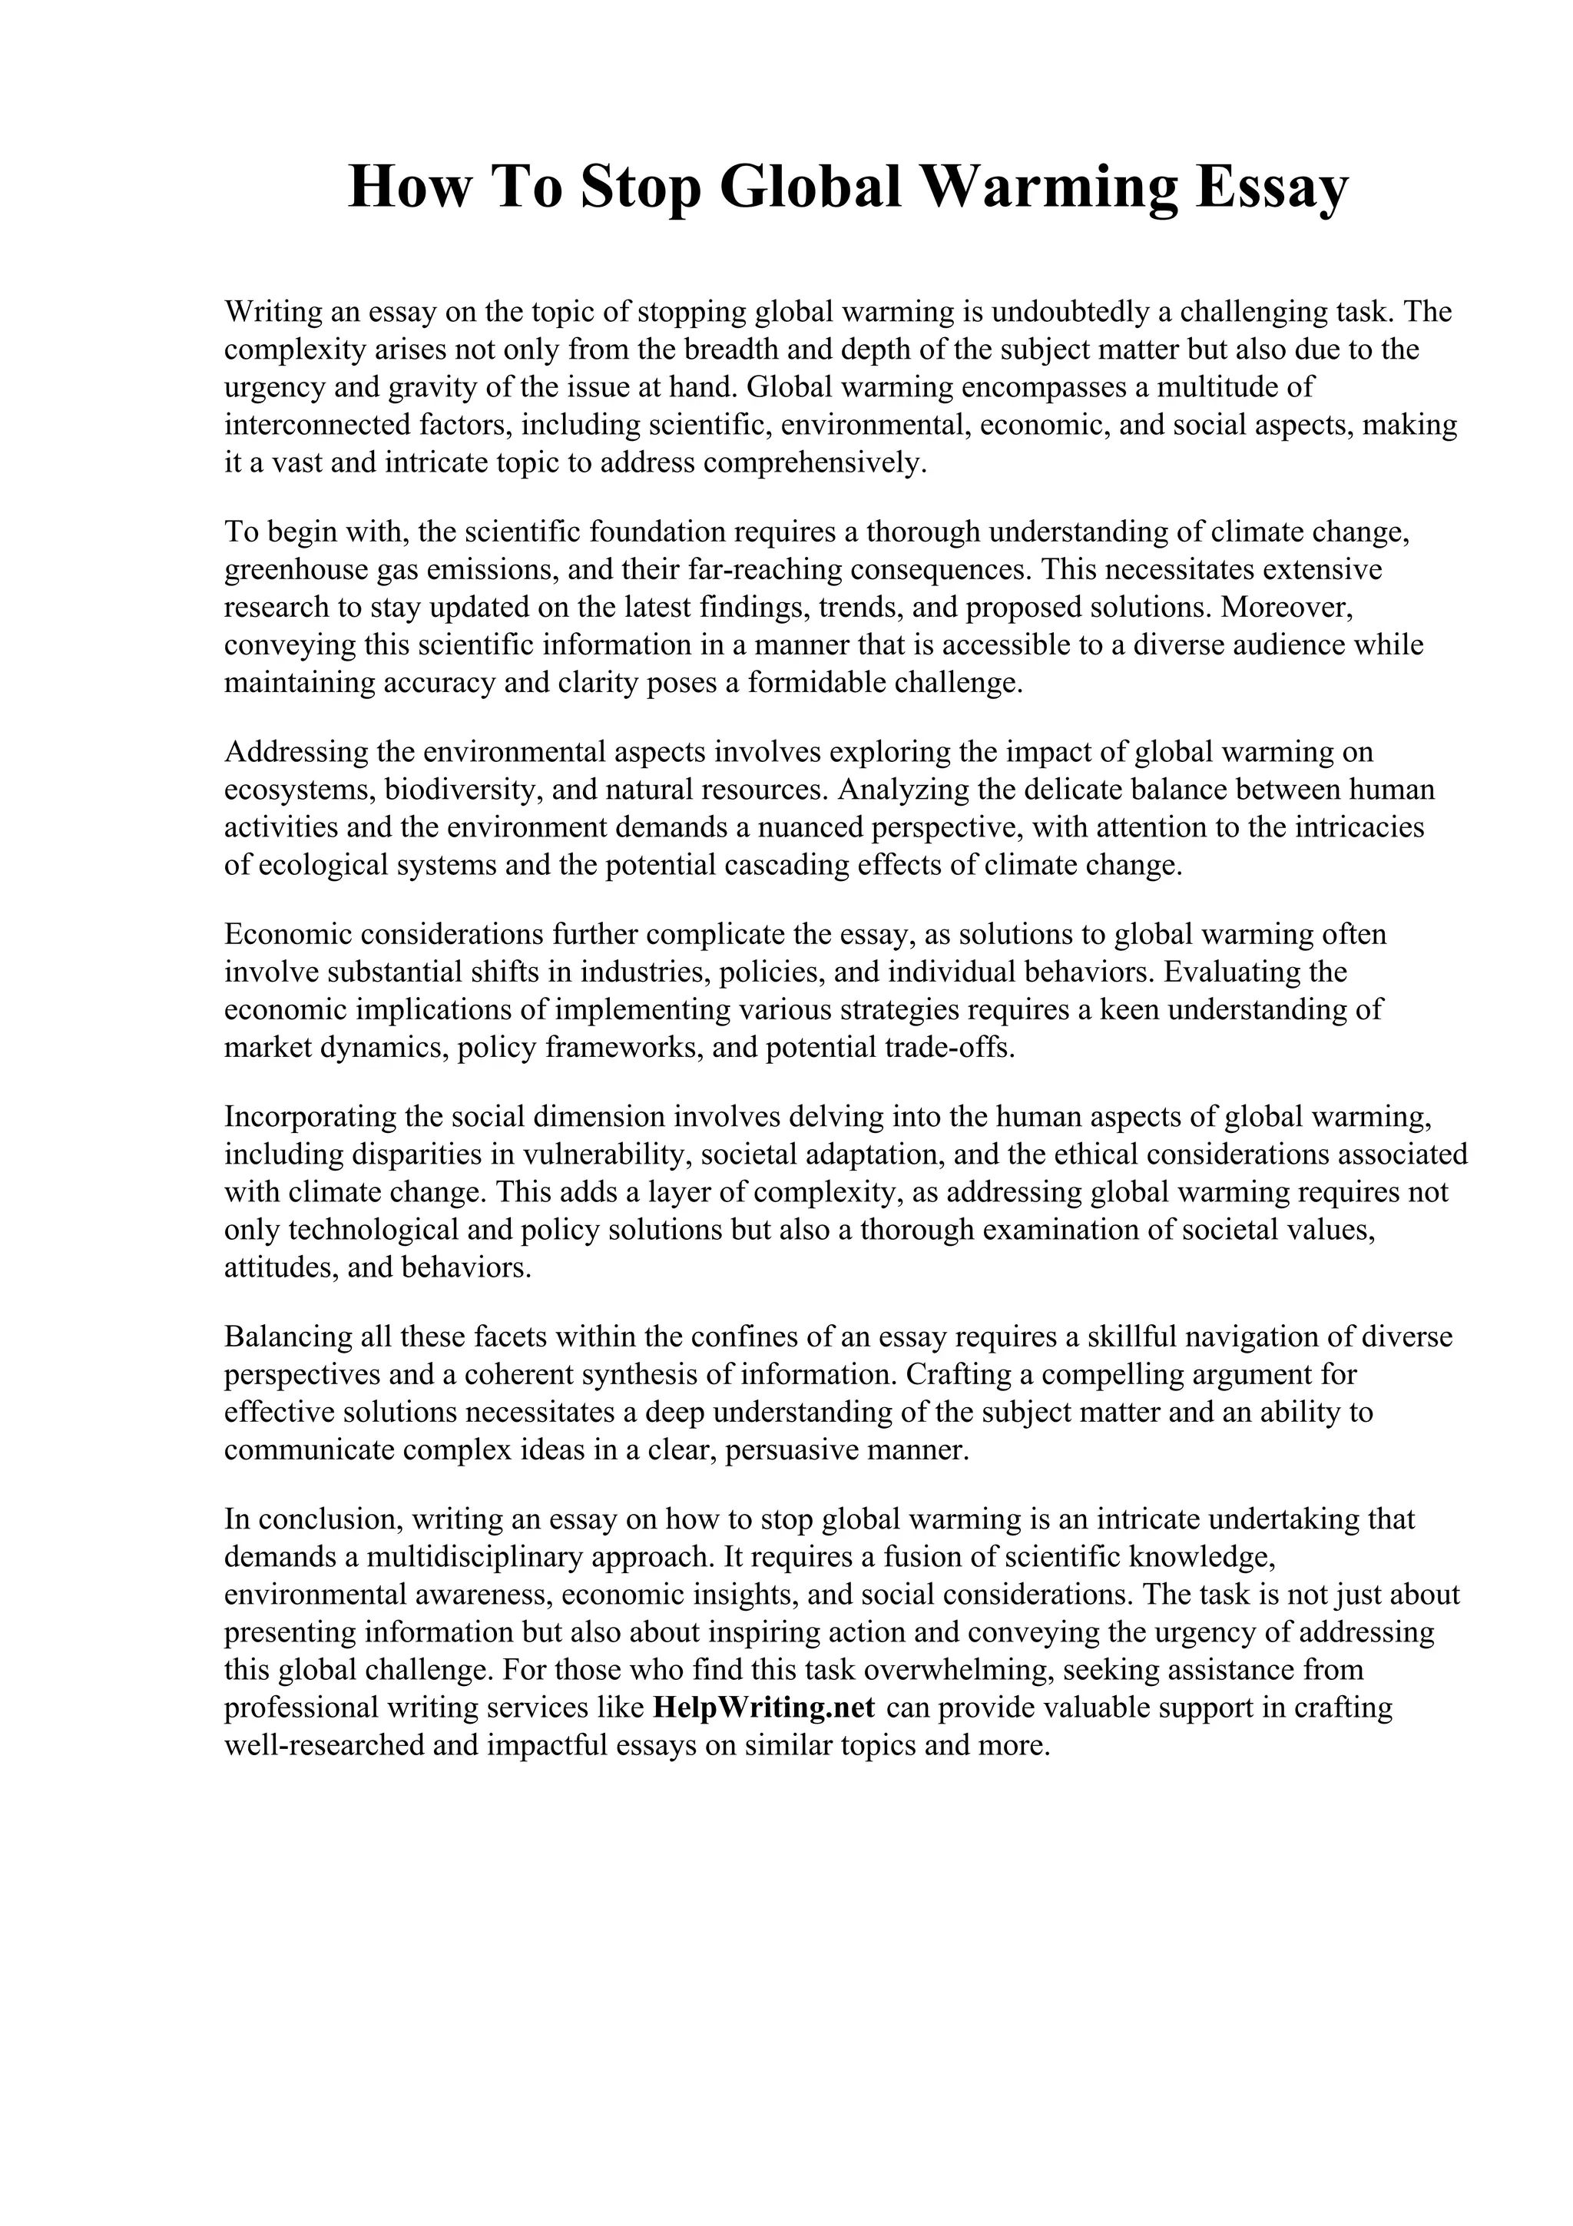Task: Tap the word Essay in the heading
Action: pyautogui.click(x=1270, y=187)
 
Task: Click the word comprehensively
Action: pyautogui.click(x=815, y=463)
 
